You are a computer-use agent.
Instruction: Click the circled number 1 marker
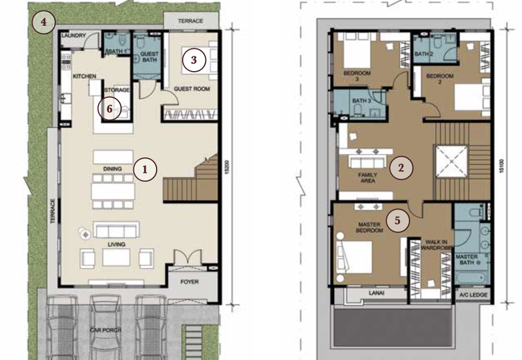(x=145, y=170)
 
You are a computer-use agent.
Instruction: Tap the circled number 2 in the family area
(x=401, y=168)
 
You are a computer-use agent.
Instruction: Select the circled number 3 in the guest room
(x=194, y=60)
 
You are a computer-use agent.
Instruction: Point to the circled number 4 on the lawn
(x=44, y=22)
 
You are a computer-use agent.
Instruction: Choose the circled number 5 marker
(x=397, y=220)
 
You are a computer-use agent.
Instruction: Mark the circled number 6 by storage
(x=110, y=109)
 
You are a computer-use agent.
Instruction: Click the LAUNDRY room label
(x=74, y=35)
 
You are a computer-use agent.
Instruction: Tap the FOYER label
(x=189, y=282)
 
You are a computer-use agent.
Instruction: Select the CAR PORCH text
(x=106, y=330)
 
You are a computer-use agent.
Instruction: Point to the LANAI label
(x=376, y=293)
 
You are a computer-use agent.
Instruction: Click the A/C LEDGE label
(x=473, y=295)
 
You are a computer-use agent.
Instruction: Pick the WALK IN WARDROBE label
(x=436, y=245)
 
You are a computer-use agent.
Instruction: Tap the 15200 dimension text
(x=226, y=168)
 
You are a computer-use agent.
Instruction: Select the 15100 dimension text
(x=502, y=166)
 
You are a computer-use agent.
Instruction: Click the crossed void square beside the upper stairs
(x=451, y=161)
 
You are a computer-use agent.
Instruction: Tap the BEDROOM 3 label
(x=357, y=76)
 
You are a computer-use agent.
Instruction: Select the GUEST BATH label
(x=149, y=57)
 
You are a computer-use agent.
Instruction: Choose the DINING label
(x=112, y=169)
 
